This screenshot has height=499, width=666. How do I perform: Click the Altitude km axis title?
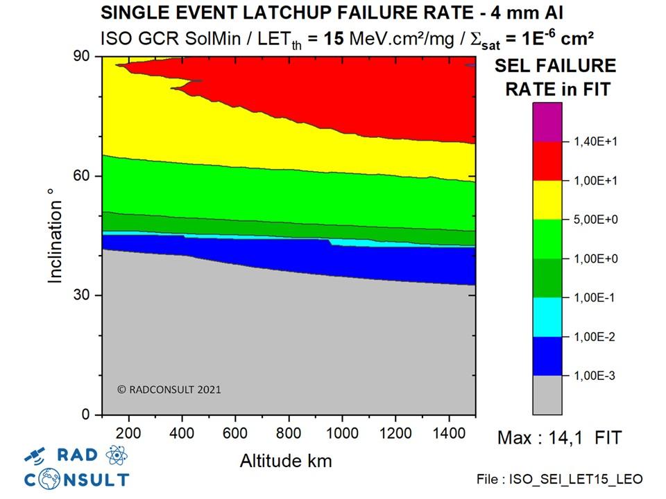point(286,460)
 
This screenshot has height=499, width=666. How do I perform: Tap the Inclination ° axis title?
point(55,241)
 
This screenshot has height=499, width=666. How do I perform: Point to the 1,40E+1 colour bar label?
point(595,142)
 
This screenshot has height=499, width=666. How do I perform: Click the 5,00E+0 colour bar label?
point(595,220)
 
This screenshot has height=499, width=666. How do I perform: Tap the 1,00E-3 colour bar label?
point(595,376)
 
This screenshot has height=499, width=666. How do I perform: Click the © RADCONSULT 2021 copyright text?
point(169,389)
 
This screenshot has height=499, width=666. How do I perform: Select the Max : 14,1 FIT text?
point(560,438)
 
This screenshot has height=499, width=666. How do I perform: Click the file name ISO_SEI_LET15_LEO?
point(560,480)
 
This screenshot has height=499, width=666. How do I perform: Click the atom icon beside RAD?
point(115,455)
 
